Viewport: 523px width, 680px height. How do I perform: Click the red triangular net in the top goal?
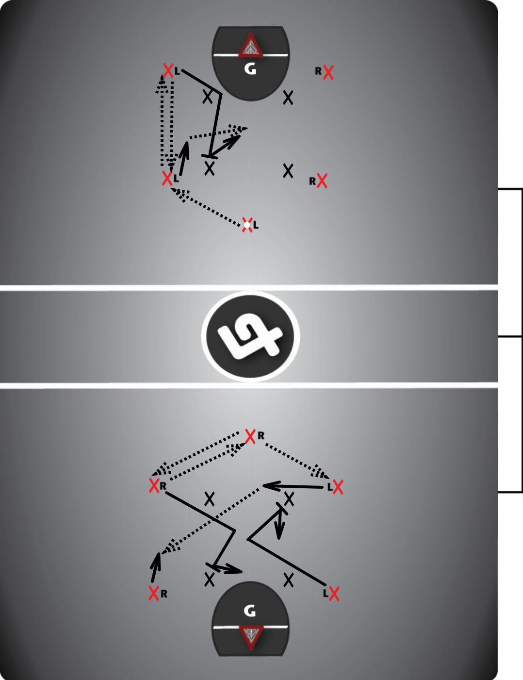(x=250, y=46)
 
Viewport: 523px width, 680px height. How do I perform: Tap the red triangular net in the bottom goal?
(x=251, y=637)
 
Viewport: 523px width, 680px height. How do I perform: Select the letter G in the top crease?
(x=250, y=69)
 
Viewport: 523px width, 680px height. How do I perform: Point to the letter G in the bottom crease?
(x=250, y=611)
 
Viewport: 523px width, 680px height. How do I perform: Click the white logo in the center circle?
(x=250, y=336)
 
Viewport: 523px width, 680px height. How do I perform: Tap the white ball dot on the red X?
(x=247, y=225)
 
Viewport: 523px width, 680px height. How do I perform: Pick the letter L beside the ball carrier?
(x=256, y=225)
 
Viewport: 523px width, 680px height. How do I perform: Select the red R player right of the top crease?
(x=328, y=72)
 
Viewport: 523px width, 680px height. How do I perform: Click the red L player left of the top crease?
(x=168, y=70)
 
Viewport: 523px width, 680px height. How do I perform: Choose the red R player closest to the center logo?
(x=250, y=436)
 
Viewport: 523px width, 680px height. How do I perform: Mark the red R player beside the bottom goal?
(x=154, y=593)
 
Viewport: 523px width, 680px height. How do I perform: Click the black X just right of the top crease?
(x=288, y=98)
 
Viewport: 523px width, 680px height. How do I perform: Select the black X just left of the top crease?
(x=208, y=96)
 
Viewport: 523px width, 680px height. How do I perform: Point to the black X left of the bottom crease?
(x=210, y=579)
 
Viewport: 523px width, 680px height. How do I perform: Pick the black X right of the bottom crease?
(x=289, y=580)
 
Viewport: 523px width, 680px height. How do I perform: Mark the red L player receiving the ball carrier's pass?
(x=167, y=178)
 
